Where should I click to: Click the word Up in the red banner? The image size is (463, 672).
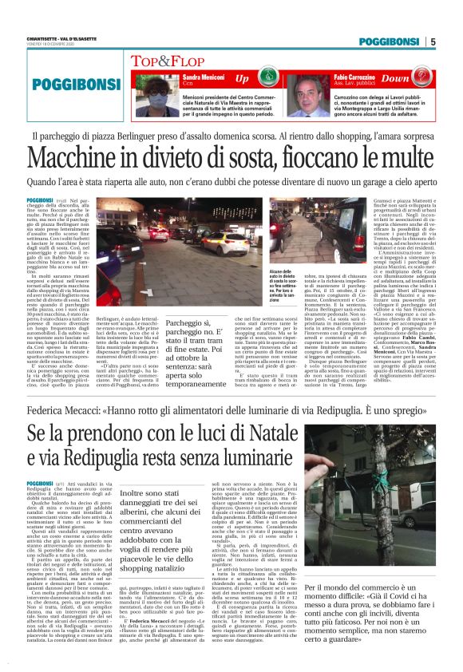[x=242, y=80]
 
